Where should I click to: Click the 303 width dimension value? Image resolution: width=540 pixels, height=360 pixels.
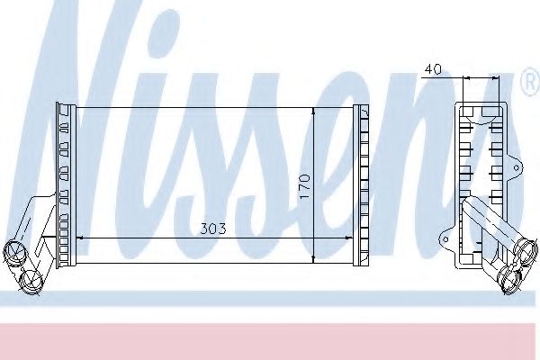(x=212, y=229)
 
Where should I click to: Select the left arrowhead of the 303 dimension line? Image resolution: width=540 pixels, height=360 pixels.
(x=75, y=238)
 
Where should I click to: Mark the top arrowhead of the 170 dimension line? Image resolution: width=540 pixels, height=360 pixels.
(x=312, y=111)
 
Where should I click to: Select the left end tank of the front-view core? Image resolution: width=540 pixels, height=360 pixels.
(x=65, y=185)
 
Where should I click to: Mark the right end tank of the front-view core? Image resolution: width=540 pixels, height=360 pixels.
(x=361, y=185)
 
